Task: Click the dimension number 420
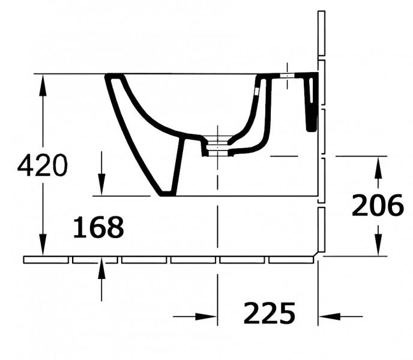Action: tap(43, 166)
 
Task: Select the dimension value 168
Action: tap(98, 227)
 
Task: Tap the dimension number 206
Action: tap(378, 205)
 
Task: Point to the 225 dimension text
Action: tap(269, 313)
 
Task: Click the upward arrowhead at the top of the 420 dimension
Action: tap(43, 85)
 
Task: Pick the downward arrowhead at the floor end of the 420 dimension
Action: tap(43, 245)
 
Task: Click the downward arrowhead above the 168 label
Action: tap(101, 185)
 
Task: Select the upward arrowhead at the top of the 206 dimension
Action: tap(378, 167)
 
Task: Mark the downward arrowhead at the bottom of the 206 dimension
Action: tap(378, 245)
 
